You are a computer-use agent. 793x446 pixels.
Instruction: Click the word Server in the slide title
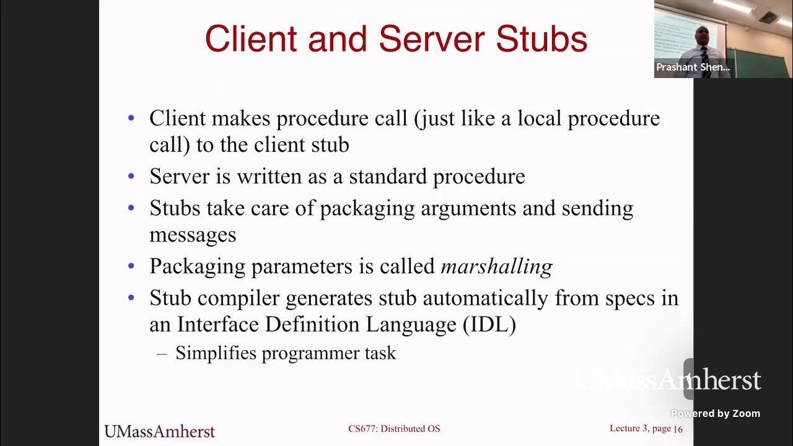point(432,39)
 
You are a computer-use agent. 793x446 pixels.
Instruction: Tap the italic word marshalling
point(496,266)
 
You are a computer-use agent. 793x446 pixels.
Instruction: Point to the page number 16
point(678,429)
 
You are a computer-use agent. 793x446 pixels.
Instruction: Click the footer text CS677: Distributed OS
point(394,429)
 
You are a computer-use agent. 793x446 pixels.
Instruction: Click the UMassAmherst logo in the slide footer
point(159,431)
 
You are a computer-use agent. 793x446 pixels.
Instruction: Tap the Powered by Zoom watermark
point(716,414)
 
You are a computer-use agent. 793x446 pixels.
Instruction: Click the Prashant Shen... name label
point(693,68)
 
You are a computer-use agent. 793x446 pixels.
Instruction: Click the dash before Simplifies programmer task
point(162,353)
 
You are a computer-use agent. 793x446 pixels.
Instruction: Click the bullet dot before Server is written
point(131,177)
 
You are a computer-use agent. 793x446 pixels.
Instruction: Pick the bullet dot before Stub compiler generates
point(131,298)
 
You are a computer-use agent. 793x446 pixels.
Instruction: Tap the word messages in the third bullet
point(193,235)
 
